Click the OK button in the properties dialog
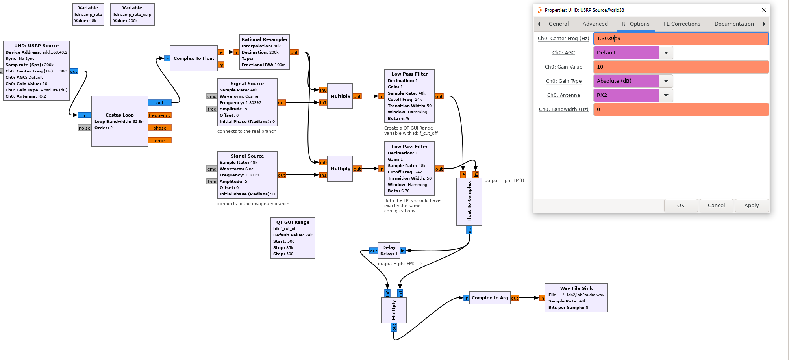pos(681,205)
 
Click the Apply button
pos(751,205)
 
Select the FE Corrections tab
pos(682,24)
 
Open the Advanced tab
pos(595,24)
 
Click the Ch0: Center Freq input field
pos(680,38)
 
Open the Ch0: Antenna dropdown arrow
pos(666,95)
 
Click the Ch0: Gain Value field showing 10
pos(680,67)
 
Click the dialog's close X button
pos(763,10)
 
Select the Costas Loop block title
pos(119,115)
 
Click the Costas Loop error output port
pos(160,141)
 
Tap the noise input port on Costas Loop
pos(84,128)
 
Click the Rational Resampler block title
pos(265,39)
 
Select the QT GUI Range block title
pos(293,222)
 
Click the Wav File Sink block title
pos(576,288)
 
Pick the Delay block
pos(389,250)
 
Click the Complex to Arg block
pos(489,298)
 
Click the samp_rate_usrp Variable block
pos(132,14)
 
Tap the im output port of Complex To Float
pos(221,65)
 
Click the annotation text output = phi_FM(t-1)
pos(400,264)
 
